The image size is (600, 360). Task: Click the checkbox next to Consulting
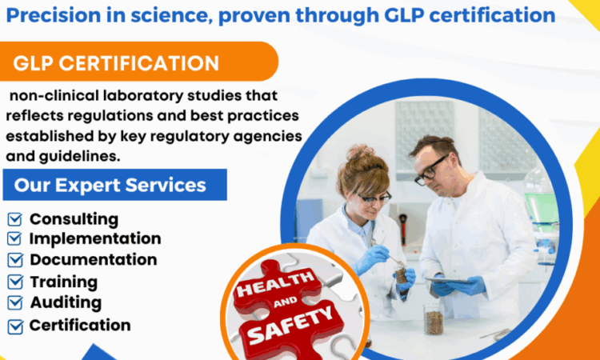[x=15, y=219]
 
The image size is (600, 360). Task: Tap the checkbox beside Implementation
[x=14, y=238]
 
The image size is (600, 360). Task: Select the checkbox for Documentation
[x=15, y=260]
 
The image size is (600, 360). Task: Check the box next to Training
[x=15, y=282]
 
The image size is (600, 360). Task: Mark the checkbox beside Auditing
[x=15, y=303]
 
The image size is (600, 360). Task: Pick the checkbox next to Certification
[x=15, y=326]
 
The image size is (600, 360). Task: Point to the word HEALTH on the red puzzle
[x=276, y=282]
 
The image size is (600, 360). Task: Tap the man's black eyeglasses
[x=430, y=170]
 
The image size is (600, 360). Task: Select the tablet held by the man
[x=449, y=280]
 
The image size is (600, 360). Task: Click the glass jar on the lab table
[x=434, y=318]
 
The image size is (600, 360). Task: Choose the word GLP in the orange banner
[x=32, y=63]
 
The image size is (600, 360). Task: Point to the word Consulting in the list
[x=74, y=219]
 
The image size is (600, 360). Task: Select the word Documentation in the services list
[x=94, y=260]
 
